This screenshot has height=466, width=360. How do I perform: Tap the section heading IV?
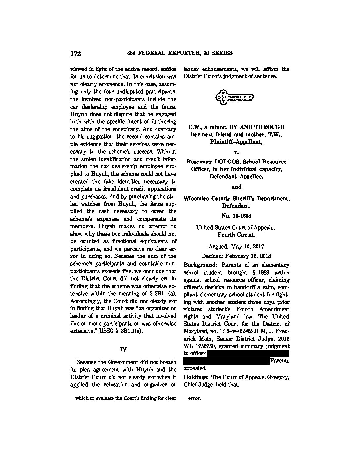coord(123,349)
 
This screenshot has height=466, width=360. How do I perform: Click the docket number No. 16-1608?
coord(236,216)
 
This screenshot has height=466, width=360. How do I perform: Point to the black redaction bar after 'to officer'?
coord(248,353)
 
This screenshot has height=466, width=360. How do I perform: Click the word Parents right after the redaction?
coord(280,361)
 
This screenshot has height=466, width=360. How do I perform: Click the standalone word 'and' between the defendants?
coord(236,187)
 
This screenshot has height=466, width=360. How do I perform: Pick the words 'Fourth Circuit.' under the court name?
coord(236,235)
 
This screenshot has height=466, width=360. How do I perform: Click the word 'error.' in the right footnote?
coord(194,398)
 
